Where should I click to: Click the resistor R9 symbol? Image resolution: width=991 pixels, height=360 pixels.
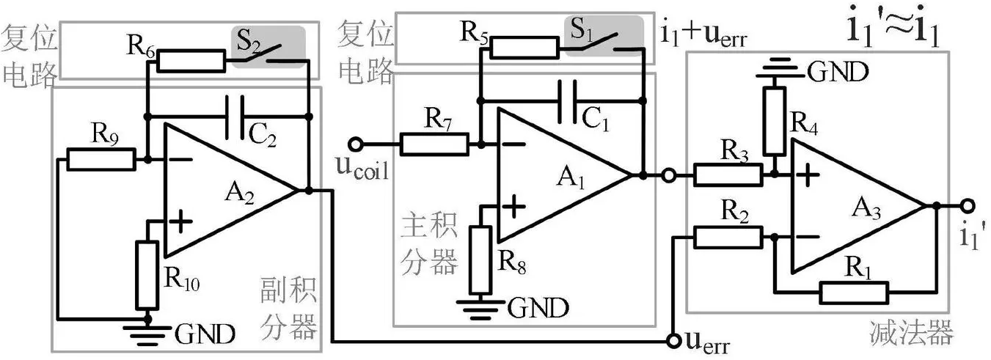coord(101,160)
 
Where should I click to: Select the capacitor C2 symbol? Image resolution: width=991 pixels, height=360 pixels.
coord(235,117)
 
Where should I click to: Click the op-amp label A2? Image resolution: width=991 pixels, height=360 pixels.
coord(239,193)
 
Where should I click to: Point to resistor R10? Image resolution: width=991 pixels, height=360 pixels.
coord(147,275)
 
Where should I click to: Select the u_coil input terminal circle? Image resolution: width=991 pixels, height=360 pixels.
coord(355,144)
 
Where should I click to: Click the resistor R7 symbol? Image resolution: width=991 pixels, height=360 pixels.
coord(434,144)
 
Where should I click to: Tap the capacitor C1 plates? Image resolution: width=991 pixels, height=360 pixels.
coord(567,101)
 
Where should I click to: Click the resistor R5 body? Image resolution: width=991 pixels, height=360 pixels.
coord(524,48)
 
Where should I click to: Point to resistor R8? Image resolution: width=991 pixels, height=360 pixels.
coord(480,260)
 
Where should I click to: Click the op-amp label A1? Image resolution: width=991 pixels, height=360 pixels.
coord(571,177)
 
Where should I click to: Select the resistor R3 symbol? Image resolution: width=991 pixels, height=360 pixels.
coord(728,175)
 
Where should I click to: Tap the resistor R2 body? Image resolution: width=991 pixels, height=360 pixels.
coord(728,238)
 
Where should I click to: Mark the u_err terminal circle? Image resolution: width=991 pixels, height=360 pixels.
coord(674,341)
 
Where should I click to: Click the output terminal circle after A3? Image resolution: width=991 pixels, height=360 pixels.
coord(968,205)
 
